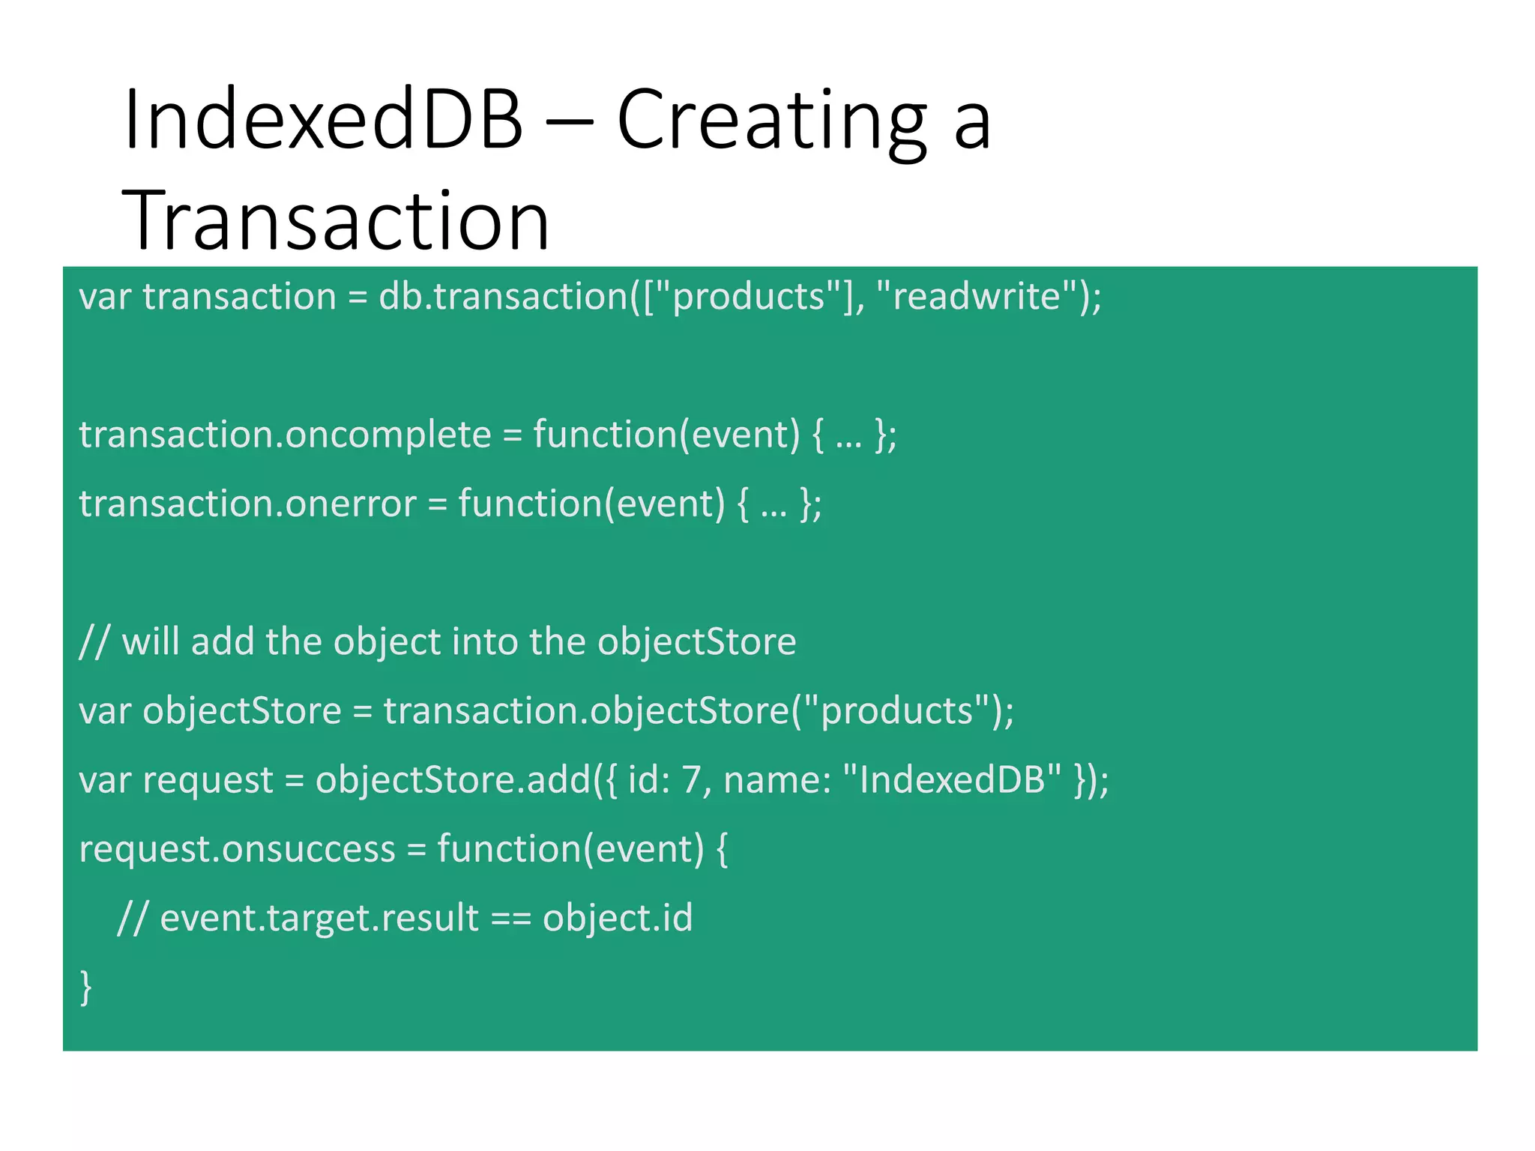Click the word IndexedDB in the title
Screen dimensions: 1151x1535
(323, 120)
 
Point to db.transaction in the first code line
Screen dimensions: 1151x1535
(503, 296)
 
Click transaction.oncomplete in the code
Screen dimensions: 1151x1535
(285, 435)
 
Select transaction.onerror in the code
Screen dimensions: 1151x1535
(247, 504)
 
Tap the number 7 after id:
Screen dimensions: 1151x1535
(691, 780)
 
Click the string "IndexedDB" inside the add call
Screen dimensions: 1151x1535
(952, 780)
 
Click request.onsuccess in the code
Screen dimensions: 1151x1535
(237, 849)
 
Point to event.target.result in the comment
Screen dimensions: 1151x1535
(319, 918)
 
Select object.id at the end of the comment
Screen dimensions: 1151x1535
(618, 918)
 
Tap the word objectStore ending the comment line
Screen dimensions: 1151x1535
(696, 642)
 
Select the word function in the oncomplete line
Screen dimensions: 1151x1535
(604, 435)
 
